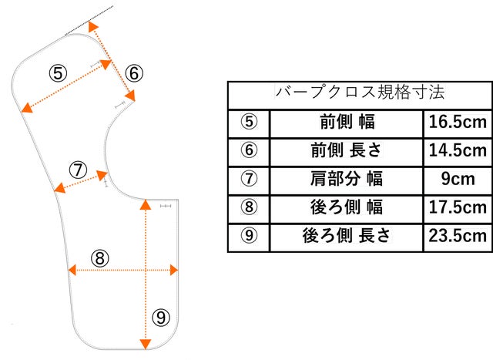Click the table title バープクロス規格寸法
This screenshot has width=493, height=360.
coord(359,93)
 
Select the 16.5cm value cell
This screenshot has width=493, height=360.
coord(457,122)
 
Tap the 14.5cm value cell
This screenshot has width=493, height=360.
coord(457,150)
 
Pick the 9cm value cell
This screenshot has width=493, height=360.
coord(457,178)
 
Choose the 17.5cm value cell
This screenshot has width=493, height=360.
coord(457,207)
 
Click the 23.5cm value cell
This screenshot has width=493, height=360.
coord(457,235)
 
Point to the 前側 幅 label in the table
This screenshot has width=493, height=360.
coord(346,122)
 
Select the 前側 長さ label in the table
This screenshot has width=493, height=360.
coord(346,150)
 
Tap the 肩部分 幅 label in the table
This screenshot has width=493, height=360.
coord(346,178)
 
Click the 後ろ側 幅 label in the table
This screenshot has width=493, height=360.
coord(346,207)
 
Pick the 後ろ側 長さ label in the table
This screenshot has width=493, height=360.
coord(346,235)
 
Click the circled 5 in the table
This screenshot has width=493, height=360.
coord(249,122)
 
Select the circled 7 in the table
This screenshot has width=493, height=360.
coord(249,178)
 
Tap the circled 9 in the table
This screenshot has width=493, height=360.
coord(249,235)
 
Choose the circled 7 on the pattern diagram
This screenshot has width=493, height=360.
coord(78,170)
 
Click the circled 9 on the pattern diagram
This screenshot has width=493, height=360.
coord(161,317)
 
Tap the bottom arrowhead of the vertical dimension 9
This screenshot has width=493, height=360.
coord(145,345)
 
